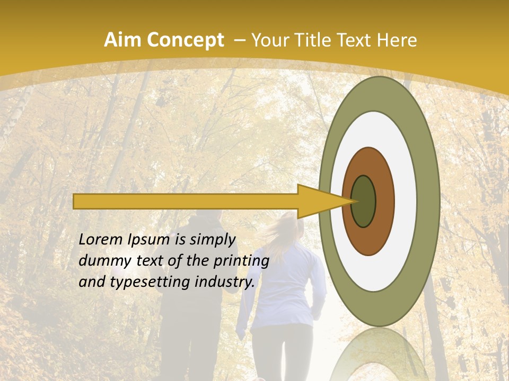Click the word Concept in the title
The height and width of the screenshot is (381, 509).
click(x=186, y=40)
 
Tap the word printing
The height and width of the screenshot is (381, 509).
click(x=242, y=261)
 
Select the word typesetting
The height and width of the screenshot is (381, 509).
click(x=143, y=282)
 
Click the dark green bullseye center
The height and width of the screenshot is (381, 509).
click(x=364, y=201)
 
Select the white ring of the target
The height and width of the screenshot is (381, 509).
click(x=405, y=201)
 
